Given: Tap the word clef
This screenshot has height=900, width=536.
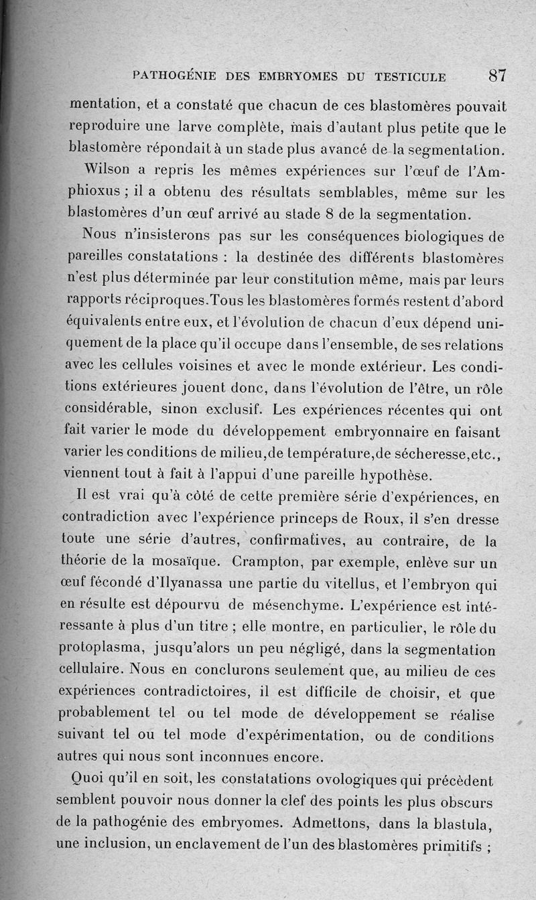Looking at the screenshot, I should (x=320, y=802).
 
